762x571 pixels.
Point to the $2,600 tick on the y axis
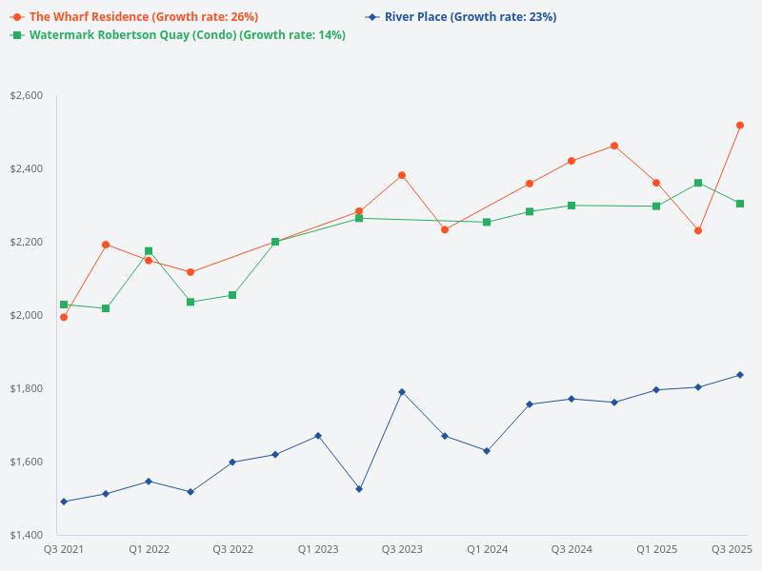tap(26, 96)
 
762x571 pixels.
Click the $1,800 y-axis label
tap(26, 388)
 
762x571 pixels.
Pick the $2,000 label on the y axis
tap(26, 315)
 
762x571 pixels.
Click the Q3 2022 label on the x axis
tap(232, 549)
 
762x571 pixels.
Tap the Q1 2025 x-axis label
tap(656, 549)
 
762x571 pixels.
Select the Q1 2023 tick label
tap(317, 549)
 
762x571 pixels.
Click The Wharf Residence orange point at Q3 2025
tap(740, 125)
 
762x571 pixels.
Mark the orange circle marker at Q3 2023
tap(402, 175)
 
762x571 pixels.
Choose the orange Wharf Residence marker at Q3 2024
tap(571, 161)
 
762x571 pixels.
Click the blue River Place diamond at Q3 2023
tap(402, 392)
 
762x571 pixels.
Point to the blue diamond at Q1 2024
tap(487, 451)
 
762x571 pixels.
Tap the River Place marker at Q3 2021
tap(64, 502)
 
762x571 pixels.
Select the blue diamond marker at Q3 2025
tap(740, 375)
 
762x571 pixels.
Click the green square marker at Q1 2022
tap(149, 251)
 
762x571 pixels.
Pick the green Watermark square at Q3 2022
tap(232, 295)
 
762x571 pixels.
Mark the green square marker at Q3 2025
tap(740, 204)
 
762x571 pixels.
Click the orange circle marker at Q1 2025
tap(656, 183)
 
